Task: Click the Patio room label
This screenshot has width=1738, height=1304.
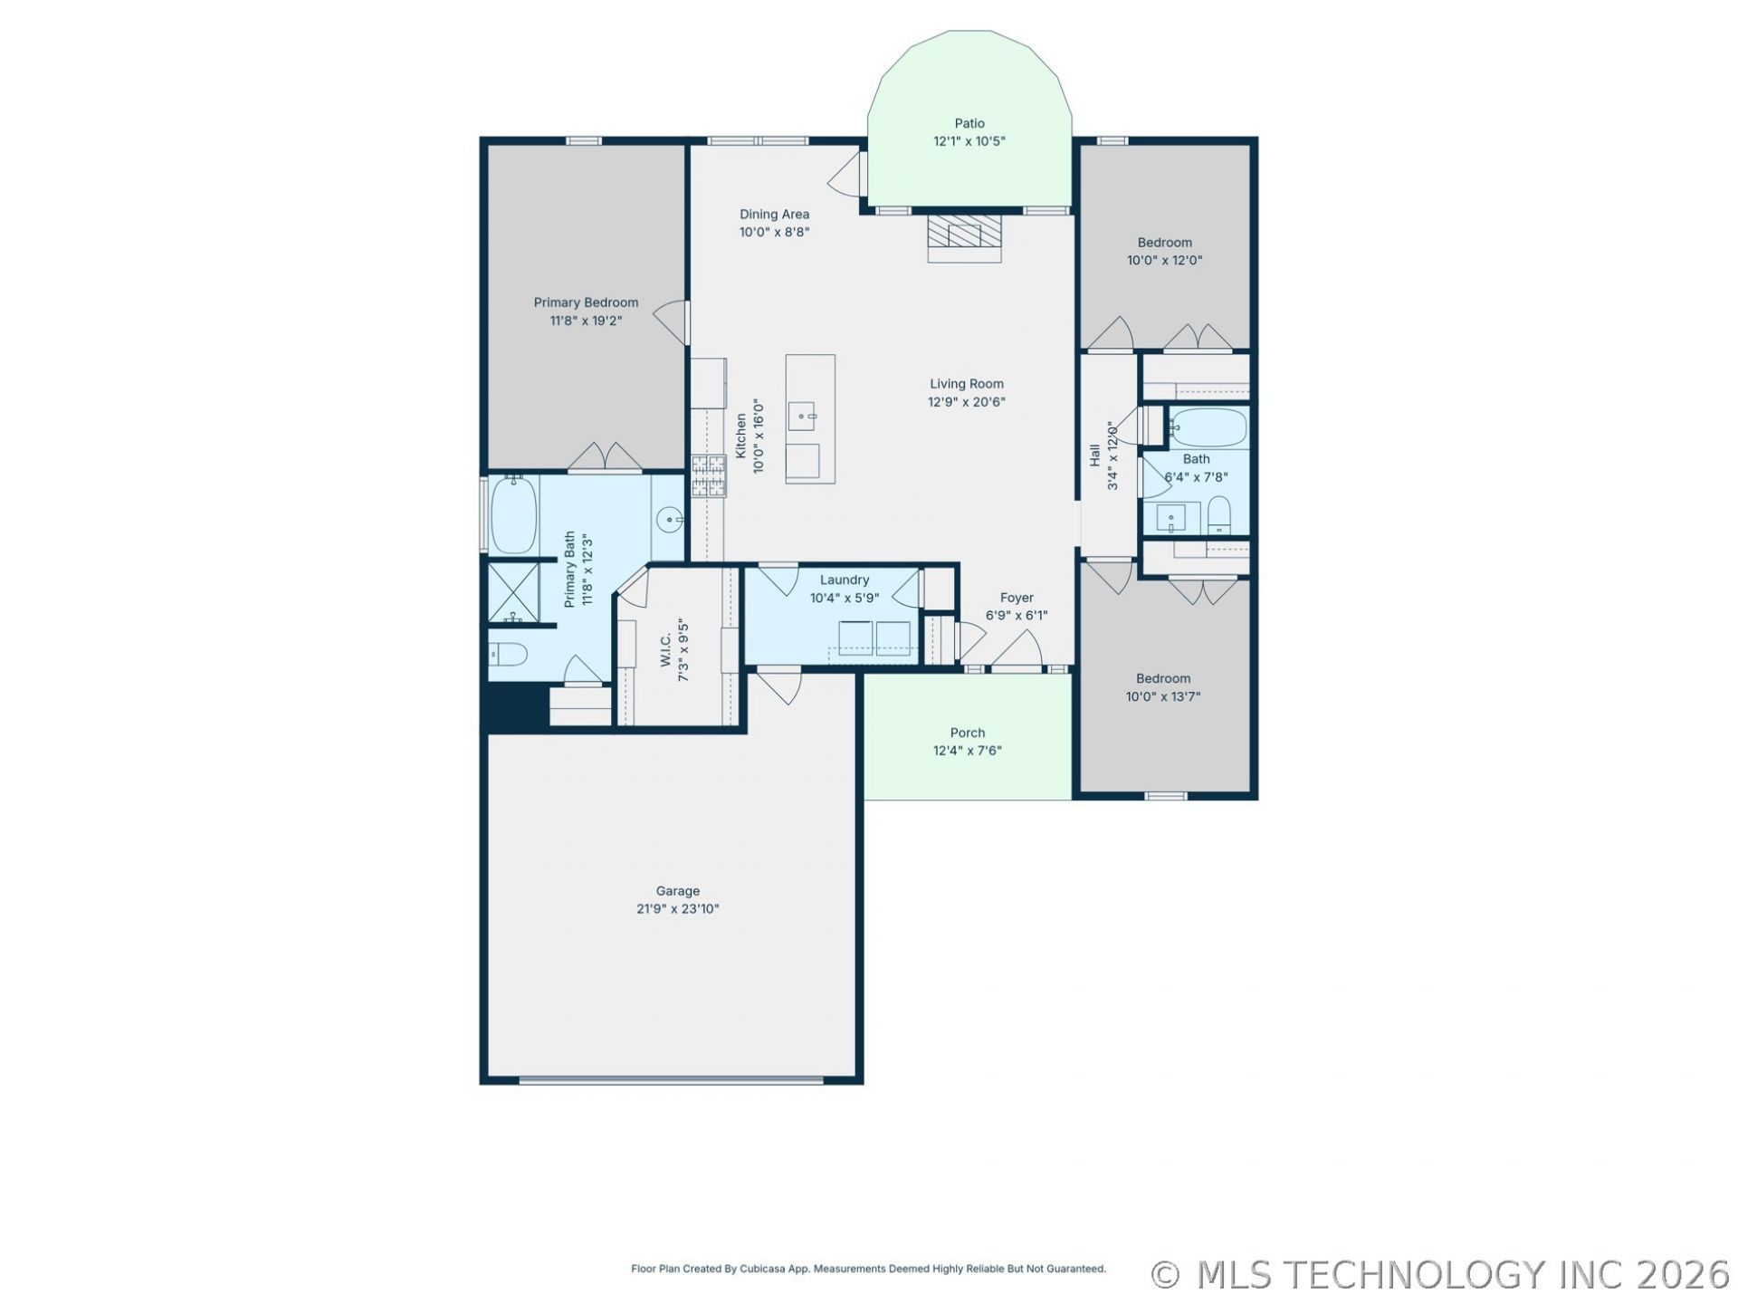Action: coord(969,123)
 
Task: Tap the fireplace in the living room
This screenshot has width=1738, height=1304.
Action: coord(964,237)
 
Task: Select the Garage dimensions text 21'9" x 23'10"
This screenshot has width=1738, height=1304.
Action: coord(677,909)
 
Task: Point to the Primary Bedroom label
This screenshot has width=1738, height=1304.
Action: coord(586,302)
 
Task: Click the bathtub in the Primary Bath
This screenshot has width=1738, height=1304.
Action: coord(513,514)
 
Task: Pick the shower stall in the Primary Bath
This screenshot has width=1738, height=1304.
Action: coord(513,592)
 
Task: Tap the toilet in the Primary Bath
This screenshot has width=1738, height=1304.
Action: coord(508,653)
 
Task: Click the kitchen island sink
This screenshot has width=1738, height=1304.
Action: coord(801,417)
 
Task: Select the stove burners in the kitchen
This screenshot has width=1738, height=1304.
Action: coord(709,475)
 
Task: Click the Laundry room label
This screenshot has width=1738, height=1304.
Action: coord(845,580)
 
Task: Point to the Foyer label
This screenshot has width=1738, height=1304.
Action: coord(1017,598)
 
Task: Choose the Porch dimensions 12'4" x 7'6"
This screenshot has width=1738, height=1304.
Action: coord(968,751)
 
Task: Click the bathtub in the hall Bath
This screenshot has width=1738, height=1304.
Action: coord(1208,427)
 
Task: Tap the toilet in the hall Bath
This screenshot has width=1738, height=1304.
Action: coord(1219,515)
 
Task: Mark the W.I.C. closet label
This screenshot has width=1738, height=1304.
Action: coord(665,649)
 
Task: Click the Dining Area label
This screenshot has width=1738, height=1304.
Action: coord(774,215)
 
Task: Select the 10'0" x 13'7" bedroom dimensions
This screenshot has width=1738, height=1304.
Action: coord(1163,696)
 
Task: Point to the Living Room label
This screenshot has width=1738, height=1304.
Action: coord(967,384)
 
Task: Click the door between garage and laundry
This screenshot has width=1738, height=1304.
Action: coord(779,685)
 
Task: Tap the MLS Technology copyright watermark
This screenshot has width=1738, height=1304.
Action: coord(1440,1275)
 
